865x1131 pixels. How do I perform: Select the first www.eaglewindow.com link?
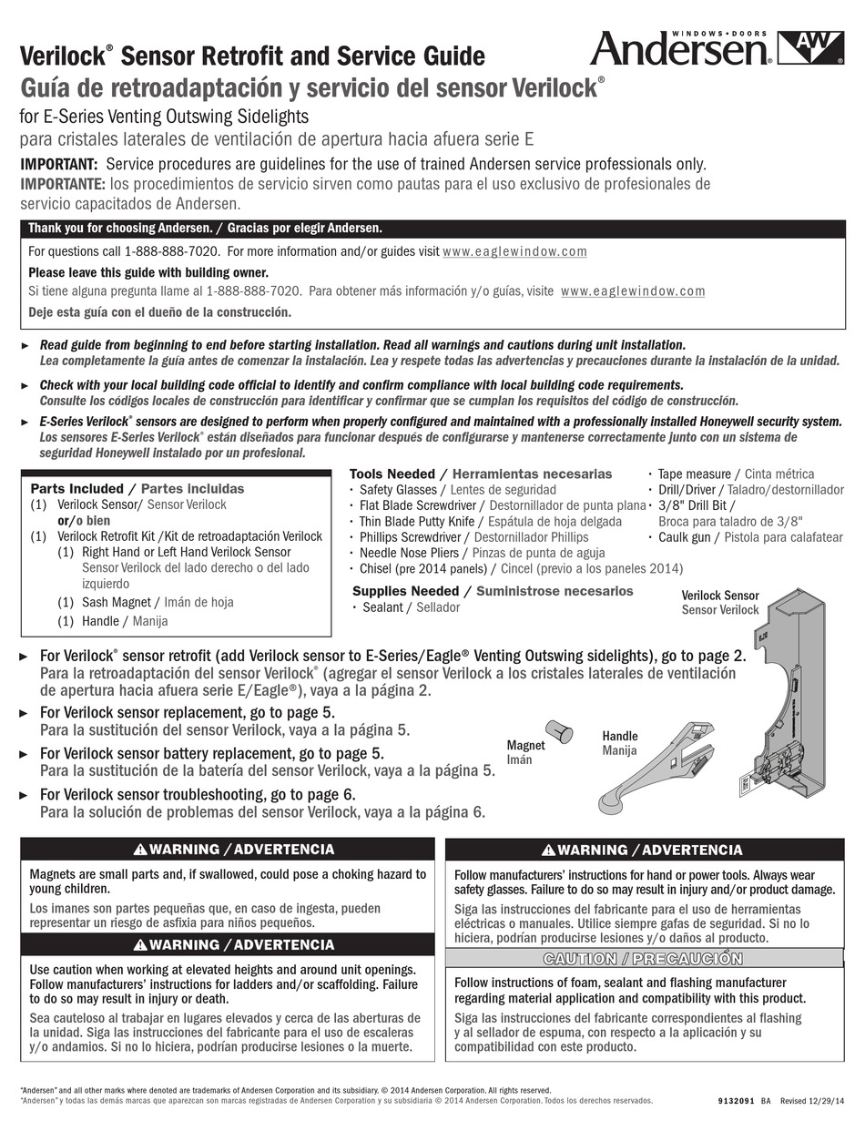514,251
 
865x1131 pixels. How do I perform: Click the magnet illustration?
556,731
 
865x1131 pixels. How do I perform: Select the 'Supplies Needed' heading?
405,591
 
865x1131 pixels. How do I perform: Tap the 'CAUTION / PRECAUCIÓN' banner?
642,959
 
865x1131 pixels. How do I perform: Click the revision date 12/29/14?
830,1100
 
